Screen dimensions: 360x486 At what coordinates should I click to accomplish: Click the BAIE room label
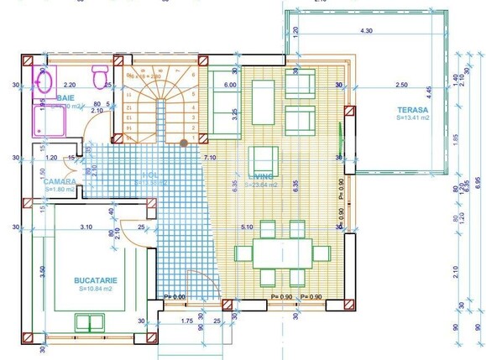coord(65,98)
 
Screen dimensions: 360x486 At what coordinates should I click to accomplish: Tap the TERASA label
coord(413,110)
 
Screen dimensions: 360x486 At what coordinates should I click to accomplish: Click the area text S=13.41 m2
coord(413,119)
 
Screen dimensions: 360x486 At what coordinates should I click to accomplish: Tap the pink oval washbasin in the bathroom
coord(44,81)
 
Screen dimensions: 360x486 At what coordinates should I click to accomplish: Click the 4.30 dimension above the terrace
coord(366,31)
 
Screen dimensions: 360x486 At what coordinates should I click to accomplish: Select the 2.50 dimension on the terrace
coord(401,86)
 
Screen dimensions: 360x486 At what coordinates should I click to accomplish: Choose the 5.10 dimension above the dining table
coord(246,227)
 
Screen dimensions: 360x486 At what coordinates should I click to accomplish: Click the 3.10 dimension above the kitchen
coord(86,227)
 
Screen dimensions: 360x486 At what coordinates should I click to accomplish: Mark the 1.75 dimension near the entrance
coord(187,320)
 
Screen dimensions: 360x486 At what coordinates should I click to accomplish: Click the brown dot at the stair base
coord(184,143)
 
